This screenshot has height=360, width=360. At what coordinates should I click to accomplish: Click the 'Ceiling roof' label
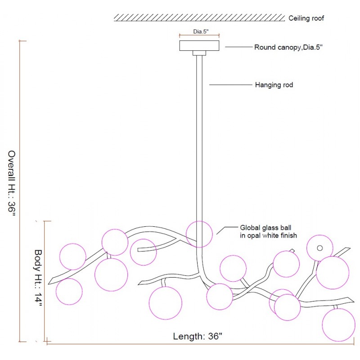click(x=306, y=18)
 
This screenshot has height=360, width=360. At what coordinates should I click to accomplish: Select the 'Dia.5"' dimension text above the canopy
click(x=200, y=32)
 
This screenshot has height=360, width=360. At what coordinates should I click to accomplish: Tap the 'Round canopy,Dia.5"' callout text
click(x=288, y=47)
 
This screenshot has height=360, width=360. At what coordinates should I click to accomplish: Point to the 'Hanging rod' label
click(x=274, y=85)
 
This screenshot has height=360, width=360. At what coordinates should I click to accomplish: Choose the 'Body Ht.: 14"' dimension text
click(x=39, y=279)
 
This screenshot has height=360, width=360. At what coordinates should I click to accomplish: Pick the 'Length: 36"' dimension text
click(x=198, y=336)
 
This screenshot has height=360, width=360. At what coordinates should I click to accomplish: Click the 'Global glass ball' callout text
click(x=265, y=228)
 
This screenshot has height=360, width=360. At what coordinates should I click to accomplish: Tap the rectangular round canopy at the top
click(x=199, y=45)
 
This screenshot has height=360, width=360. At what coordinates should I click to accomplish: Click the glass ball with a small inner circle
click(x=320, y=248)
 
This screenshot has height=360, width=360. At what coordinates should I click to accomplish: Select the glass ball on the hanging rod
click(x=199, y=234)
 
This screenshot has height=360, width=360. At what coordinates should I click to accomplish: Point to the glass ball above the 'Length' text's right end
click(x=220, y=297)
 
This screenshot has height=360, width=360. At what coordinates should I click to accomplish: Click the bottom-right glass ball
click(x=338, y=325)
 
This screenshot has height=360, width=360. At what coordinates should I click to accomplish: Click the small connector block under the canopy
click(x=199, y=53)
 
